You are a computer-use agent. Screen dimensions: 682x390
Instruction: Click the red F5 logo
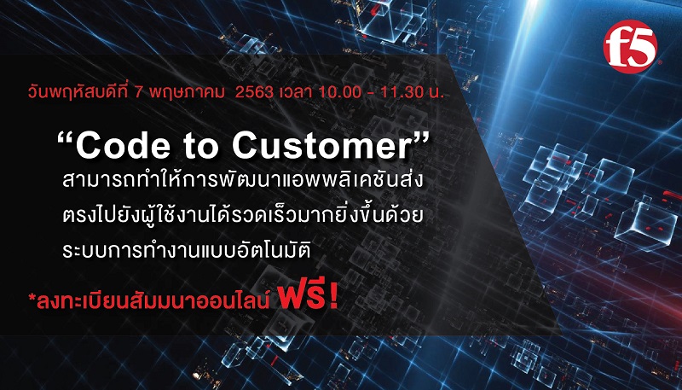[x=629, y=47]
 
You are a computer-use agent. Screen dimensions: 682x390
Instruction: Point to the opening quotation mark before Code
[x=66, y=140]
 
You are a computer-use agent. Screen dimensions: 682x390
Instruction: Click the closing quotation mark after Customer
[x=420, y=140]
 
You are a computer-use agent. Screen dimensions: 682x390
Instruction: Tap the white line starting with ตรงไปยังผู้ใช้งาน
[x=242, y=216]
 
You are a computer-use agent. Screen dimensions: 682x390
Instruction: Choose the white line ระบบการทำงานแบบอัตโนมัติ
[x=187, y=251]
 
